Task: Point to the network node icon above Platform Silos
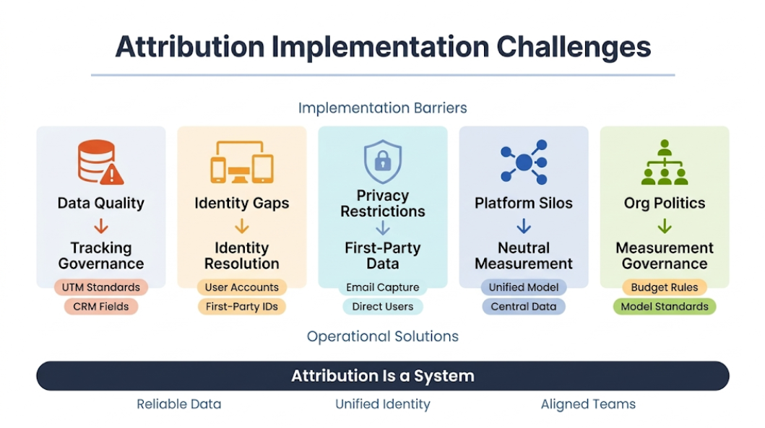pyautogui.click(x=524, y=162)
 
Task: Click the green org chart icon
pyautogui.click(x=665, y=162)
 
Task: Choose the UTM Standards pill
pyautogui.click(x=101, y=287)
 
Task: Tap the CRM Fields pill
pyautogui.click(x=101, y=307)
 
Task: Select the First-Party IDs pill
pyautogui.click(x=242, y=307)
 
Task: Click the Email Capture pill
pyautogui.click(x=383, y=287)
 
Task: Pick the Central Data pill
pyautogui.click(x=524, y=307)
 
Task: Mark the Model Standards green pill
pyautogui.click(x=665, y=307)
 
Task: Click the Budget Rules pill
pyautogui.click(x=665, y=287)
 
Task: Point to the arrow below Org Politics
pyautogui.click(x=665, y=227)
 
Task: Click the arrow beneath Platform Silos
pyautogui.click(x=524, y=227)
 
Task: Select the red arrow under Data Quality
pyautogui.click(x=101, y=227)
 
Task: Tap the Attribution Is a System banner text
pyautogui.click(x=383, y=376)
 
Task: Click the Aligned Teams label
pyautogui.click(x=588, y=404)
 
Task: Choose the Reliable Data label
pyautogui.click(x=179, y=404)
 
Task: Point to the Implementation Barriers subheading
pyautogui.click(x=383, y=108)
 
